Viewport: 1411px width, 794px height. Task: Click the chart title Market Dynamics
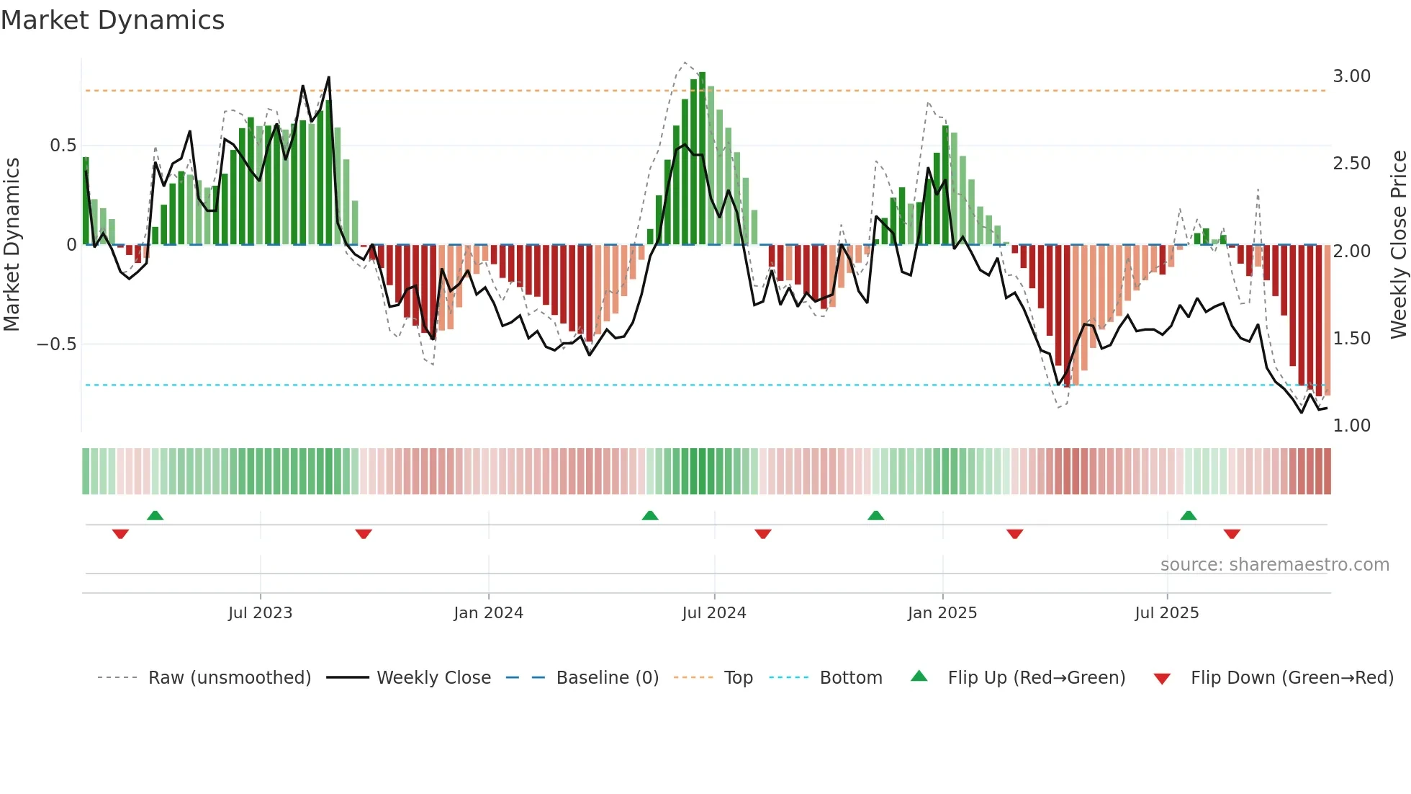point(112,20)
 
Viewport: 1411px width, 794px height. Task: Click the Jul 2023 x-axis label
point(260,613)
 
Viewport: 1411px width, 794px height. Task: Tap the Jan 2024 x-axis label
point(488,613)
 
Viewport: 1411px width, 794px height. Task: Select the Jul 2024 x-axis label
point(713,613)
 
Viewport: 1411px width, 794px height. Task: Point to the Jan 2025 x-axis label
point(942,613)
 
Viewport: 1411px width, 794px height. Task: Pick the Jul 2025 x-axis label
point(1166,613)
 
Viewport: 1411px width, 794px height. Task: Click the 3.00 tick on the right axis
point(1351,76)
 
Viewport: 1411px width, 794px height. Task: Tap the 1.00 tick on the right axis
point(1351,426)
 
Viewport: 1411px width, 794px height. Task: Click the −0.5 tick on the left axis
point(56,344)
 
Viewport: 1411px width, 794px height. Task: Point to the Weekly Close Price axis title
point(1398,245)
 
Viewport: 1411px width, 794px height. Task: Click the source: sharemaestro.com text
point(1274,565)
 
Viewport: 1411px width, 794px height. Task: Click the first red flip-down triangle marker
point(120,534)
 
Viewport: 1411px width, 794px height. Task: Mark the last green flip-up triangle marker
point(1188,516)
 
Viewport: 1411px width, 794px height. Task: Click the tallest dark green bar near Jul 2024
point(702,159)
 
